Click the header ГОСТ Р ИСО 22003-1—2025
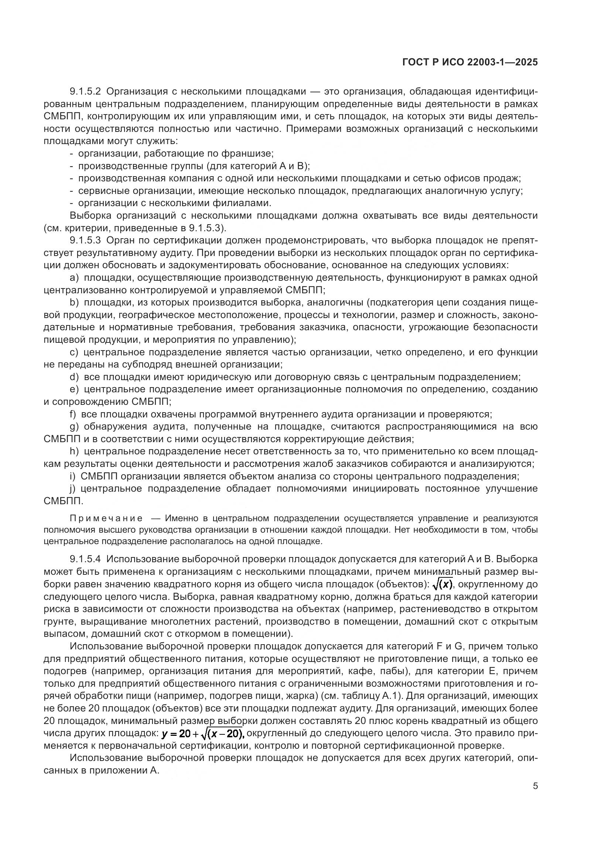[470, 62]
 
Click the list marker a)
[75, 278]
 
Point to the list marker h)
[75, 451]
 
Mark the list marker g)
[75, 427]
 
